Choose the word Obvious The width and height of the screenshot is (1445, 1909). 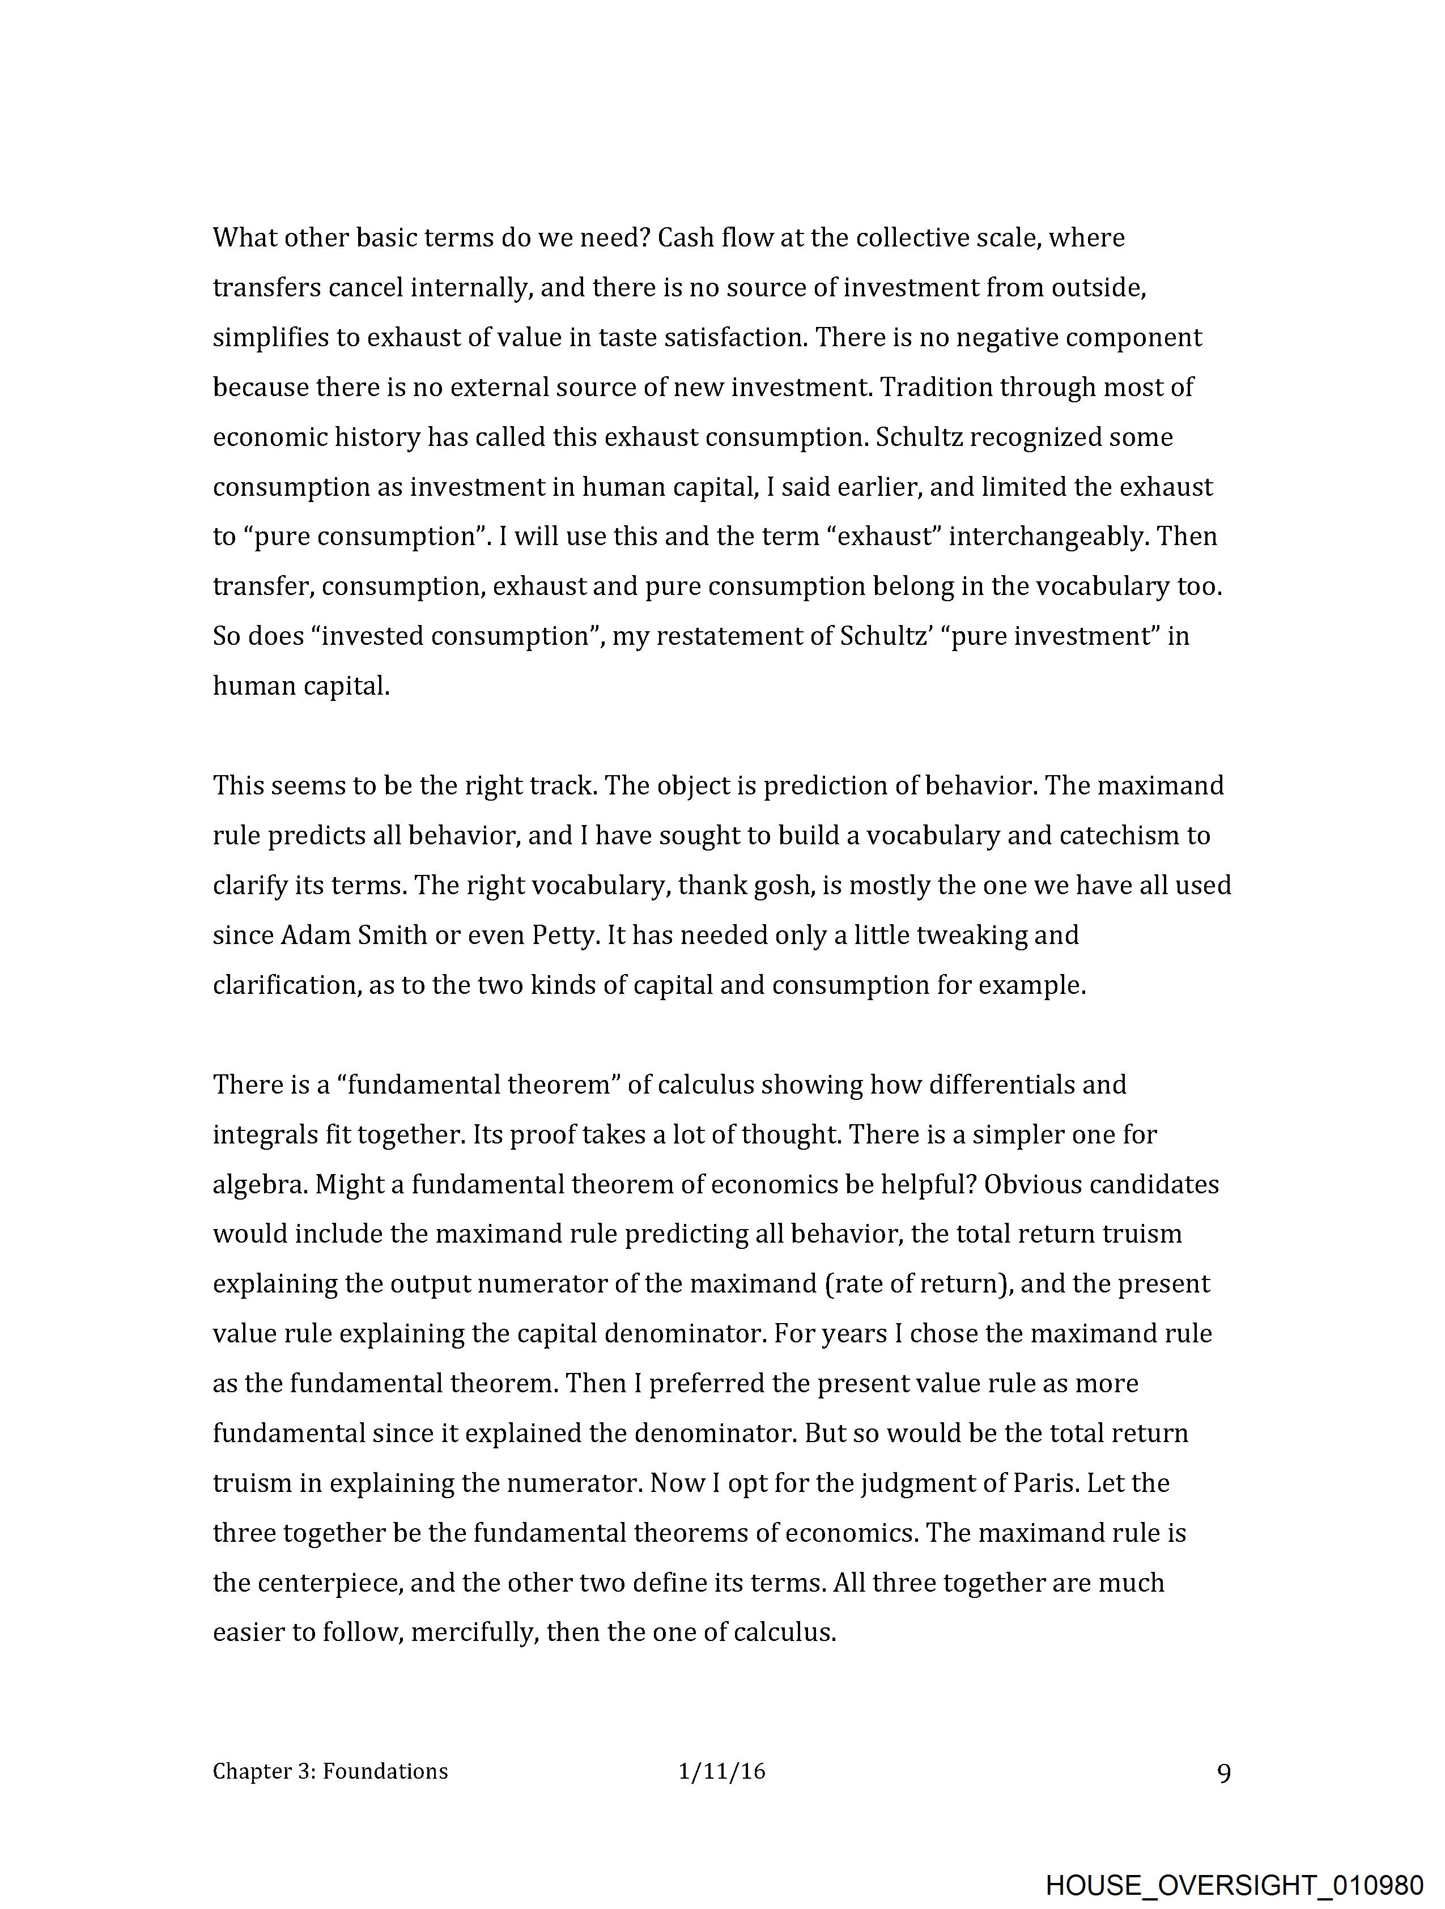(x=1031, y=1184)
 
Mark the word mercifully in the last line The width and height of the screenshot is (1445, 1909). (x=474, y=1633)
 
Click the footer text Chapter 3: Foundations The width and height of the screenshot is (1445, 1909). (x=330, y=1772)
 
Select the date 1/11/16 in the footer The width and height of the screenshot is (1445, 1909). (x=721, y=1772)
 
